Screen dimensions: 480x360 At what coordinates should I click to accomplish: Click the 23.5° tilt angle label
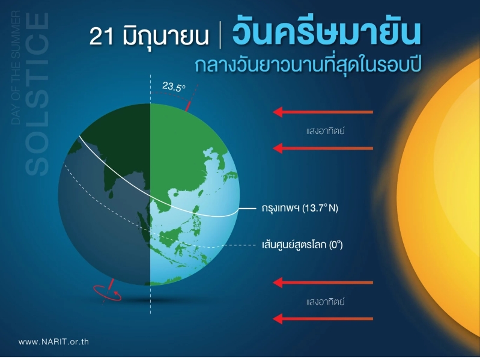click(174, 87)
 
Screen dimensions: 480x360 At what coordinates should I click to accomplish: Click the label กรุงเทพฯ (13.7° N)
click(300, 208)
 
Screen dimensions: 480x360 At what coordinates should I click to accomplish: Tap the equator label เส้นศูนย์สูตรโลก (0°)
click(302, 245)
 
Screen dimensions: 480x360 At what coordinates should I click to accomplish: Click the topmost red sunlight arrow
click(323, 112)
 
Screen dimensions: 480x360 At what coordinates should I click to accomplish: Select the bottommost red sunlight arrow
click(323, 319)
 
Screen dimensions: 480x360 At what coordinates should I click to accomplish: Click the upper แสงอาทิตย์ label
click(325, 131)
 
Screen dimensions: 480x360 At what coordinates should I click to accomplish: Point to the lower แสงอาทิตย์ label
click(325, 302)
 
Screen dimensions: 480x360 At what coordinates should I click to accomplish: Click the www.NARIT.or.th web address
click(53, 341)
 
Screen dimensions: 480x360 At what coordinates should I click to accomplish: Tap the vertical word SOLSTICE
click(37, 94)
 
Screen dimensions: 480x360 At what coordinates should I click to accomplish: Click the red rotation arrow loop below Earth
click(108, 293)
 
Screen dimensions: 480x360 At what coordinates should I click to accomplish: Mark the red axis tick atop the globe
click(188, 106)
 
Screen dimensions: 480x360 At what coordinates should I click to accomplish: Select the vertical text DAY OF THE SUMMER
click(16, 68)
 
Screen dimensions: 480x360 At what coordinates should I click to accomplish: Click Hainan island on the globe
click(175, 194)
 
